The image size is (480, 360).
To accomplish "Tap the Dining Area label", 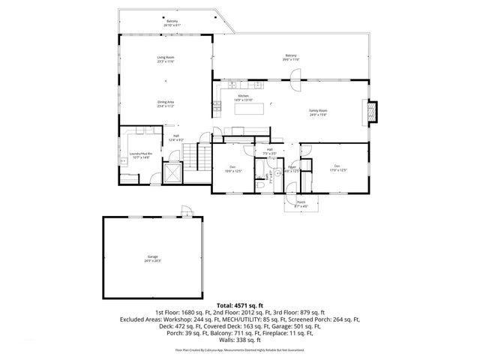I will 166,103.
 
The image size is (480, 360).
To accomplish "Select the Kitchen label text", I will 244,97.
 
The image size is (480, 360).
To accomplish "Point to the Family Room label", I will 318,112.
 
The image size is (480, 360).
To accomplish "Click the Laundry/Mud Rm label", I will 140,155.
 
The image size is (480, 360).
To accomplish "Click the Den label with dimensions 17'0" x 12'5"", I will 337,167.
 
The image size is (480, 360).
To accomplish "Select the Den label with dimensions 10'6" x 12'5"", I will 233,169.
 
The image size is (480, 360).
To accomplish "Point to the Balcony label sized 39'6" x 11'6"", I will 290,57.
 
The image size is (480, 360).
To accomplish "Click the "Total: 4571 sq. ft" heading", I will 239,305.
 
